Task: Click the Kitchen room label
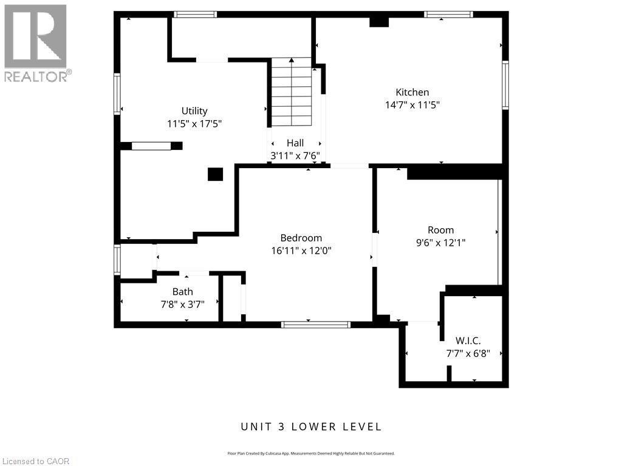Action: click(412, 92)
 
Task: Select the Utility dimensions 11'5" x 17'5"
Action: click(194, 123)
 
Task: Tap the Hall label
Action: click(295, 143)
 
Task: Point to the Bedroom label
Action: click(301, 238)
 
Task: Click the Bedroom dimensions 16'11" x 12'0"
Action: click(301, 250)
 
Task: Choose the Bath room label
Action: click(182, 292)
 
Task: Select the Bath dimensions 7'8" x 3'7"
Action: click(182, 304)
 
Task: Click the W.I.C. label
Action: click(468, 340)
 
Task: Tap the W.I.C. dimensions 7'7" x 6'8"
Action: click(468, 353)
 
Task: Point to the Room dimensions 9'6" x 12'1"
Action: click(440, 242)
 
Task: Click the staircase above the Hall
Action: click(292, 91)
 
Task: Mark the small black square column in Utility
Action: click(215, 174)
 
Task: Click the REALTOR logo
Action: click(36, 42)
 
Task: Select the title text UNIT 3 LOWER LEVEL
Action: click(311, 427)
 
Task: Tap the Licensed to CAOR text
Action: click(36, 461)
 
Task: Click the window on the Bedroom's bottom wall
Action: click(315, 325)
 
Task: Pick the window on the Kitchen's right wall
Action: click(505, 85)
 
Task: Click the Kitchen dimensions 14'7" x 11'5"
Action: click(412, 104)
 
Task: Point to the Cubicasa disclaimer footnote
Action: click(311, 453)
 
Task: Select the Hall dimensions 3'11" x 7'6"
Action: click(295, 155)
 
